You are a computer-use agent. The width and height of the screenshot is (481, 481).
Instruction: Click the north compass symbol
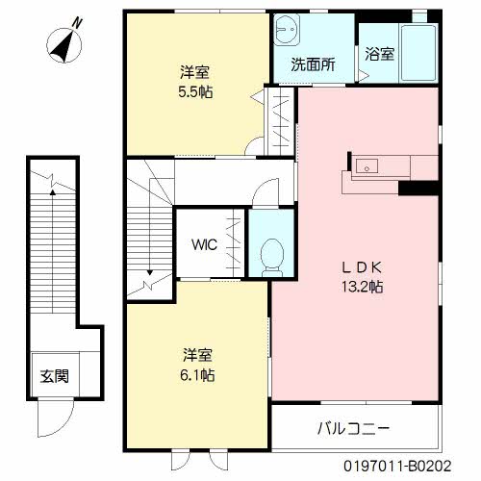[x=64, y=45]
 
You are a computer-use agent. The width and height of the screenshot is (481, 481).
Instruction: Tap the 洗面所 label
[x=313, y=64]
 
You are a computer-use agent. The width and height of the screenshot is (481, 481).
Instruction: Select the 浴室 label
[x=380, y=54]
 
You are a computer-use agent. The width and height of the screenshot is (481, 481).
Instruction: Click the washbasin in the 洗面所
[x=288, y=29]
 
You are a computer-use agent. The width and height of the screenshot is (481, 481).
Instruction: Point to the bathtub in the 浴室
[x=418, y=52]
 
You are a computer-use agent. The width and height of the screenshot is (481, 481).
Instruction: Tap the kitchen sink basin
[x=367, y=166]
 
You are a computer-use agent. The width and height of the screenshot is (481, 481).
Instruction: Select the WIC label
[x=204, y=244]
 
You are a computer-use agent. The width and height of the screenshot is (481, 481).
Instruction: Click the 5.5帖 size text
[x=195, y=92]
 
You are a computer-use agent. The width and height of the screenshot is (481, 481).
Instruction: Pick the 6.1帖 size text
[x=197, y=374]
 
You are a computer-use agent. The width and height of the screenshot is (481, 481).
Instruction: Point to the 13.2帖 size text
[x=362, y=286]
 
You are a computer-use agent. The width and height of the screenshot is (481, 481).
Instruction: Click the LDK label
[x=363, y=267]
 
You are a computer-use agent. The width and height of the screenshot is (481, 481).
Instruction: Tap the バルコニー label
[x=353, y=428]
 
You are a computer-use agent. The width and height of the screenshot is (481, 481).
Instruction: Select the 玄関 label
[x=55, y=376]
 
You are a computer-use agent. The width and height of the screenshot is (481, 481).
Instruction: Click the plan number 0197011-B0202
[x=397, y=467]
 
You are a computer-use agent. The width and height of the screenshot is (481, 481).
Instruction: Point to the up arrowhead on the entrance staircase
[x=53, y=192]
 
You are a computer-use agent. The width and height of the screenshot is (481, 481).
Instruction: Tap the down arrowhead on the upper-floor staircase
[x=150, y=272]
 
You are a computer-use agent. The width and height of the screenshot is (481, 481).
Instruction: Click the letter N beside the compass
[x=77, y=23]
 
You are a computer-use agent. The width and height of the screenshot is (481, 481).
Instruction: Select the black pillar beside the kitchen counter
[x=418, y=189]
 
